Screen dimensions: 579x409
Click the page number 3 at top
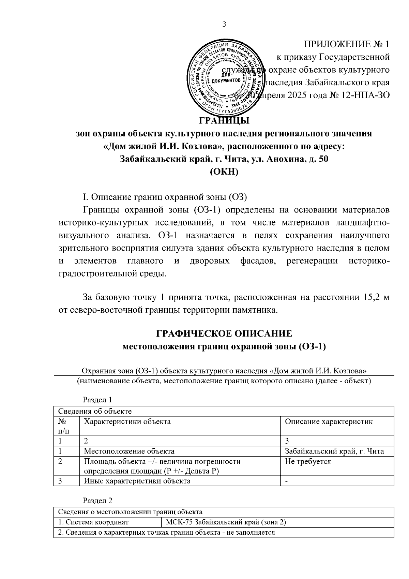click(x=224, y=24)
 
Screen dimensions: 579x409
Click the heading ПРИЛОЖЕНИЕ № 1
click(x=346, y=44)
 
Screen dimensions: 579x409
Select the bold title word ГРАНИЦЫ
click(x=224, y=121)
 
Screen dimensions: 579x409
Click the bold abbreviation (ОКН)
click(x=224, y=172)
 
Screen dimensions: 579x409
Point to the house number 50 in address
click(x=322, y=159)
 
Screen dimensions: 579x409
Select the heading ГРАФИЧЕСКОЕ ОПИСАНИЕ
click(x=224, y=333)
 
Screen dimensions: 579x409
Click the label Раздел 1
click(x=97, y=400)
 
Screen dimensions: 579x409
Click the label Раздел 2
click(x=97, y=501)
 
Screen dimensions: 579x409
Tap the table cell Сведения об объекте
click(x=95, y=411)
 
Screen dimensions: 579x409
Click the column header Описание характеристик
click(x=329, y=421)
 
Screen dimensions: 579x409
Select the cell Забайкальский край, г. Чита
click(x=334, y=451)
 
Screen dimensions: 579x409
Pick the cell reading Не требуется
click(x=308, y=461)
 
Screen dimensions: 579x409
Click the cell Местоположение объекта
click(x=129, y=451)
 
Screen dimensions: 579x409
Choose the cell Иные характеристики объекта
click(x=137, y=481)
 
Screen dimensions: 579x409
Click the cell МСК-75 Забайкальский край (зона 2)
click(x=225, y=522)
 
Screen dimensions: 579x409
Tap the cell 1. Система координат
click(x=93, y=522)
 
